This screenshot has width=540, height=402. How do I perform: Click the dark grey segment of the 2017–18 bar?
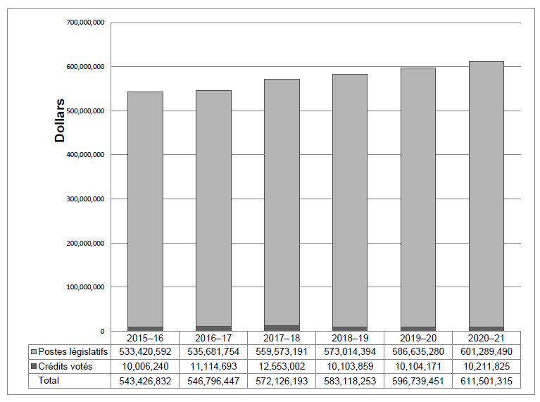coord(282,328)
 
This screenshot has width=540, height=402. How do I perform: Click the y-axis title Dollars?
coord(61,120)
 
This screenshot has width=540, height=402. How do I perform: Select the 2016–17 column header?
coord(213,337)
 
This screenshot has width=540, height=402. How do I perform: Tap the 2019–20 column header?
coord(418,337)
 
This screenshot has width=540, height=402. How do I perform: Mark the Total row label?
coord(49,381)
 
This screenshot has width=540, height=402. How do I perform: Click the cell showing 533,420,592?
coord(145,351)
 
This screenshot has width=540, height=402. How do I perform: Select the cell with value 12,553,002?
coord(282,366)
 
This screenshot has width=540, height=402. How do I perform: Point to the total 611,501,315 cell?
coord(486,381)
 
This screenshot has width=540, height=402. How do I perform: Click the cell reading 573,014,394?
coord(350,351)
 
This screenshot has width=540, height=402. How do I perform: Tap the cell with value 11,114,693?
coord(213,366)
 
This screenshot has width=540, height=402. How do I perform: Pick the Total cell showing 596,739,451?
coord(418,381)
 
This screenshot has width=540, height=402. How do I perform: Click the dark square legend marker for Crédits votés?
coord(34,367)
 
